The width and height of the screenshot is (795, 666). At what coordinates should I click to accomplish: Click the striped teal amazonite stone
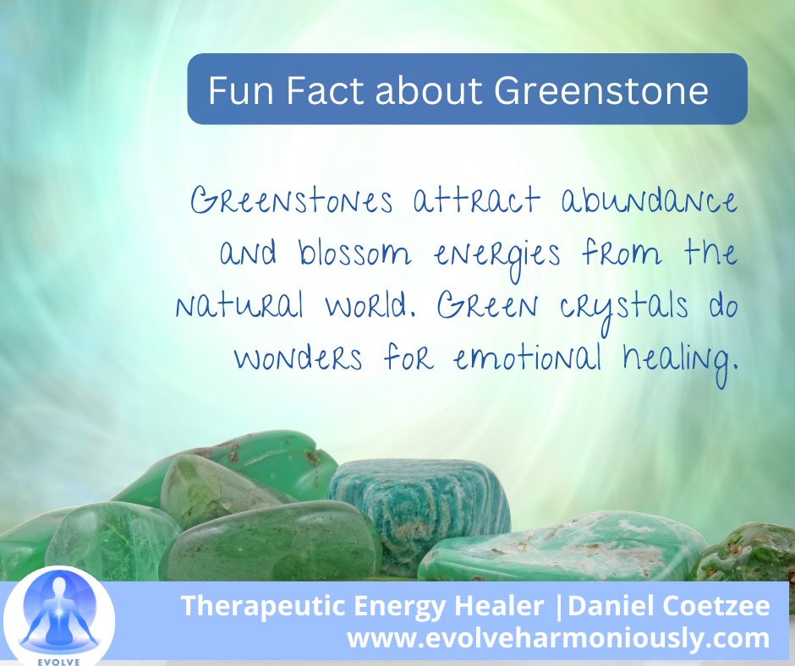tap(419, 507)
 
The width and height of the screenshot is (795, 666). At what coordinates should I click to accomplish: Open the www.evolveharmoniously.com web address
tap(558, 638)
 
